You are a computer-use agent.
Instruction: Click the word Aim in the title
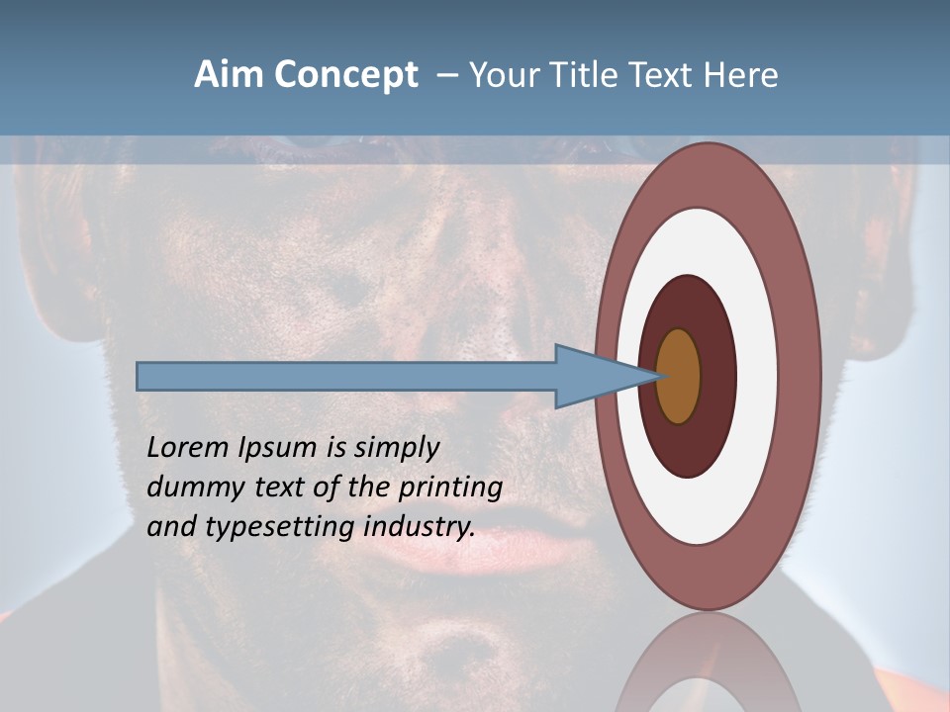(230, 75)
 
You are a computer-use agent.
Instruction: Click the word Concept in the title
(346, 75)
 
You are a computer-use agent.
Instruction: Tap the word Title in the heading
(587, 75)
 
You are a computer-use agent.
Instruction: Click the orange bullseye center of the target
(679, 376)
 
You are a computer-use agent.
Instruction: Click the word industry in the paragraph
(420, 528)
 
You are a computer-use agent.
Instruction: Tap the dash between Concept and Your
(446, 76)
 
